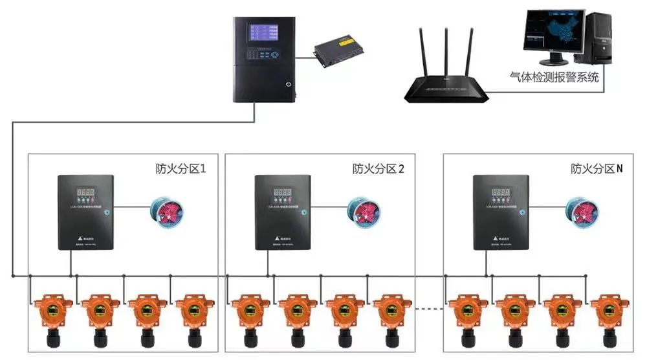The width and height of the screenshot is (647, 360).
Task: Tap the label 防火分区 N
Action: (597, 169)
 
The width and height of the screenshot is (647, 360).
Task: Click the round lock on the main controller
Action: (288, 84)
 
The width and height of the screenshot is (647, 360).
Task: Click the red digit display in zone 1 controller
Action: (85, 192)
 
